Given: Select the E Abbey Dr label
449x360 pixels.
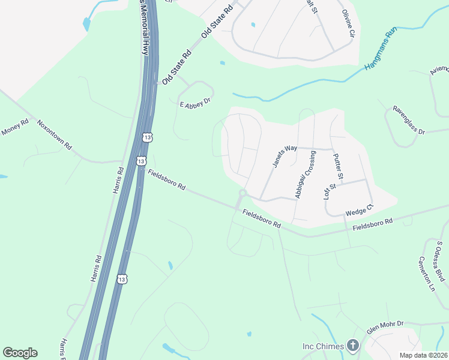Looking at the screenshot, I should [x=196, y=103].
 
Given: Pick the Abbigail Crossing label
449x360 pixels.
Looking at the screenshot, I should [x=305, y=175].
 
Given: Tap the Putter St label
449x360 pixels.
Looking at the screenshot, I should [x=337, y=167].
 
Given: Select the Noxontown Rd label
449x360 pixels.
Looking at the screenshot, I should [x=54, y=135].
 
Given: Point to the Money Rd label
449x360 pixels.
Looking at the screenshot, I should [x=15, y=127].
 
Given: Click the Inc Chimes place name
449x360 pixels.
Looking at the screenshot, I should [x=322, y=346].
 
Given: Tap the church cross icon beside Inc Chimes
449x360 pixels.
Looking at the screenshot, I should [x=353, y=346].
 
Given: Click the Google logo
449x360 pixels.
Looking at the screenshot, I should [x=20, y=353].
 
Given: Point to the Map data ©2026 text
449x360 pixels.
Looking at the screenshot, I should [x=424, y=355].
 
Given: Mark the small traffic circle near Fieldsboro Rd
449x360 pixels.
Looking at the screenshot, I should [x=243, y=193].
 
